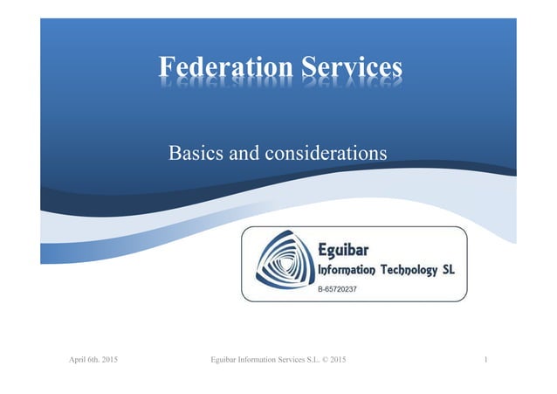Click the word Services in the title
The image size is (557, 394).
click(x=353, y=69)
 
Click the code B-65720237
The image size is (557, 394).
click(x=336, y=287)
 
